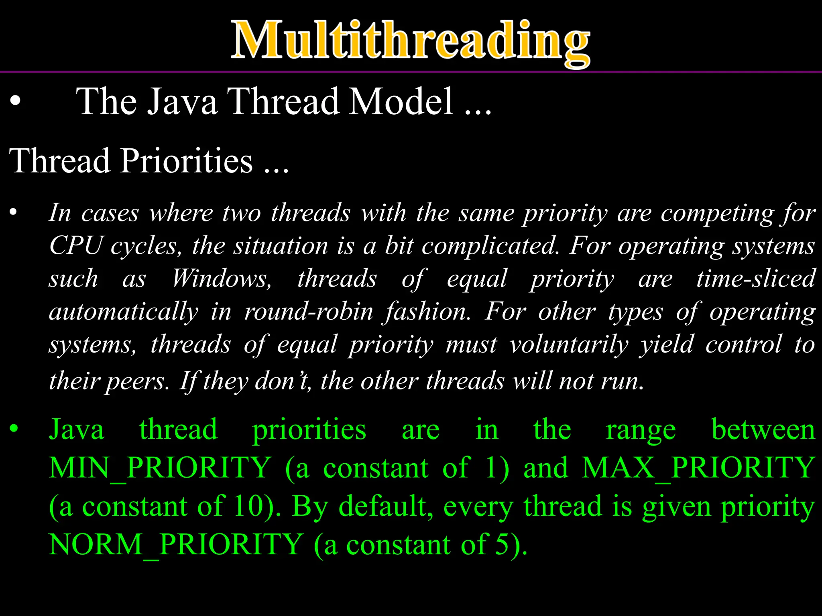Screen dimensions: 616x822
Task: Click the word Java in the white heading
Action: coord(181,102)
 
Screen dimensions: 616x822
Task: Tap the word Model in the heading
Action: coord(401,102)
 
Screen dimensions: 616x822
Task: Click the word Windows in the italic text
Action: coord(222,279)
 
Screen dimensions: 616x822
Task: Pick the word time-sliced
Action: coord(755,279)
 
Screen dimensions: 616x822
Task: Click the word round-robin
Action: coord(309,312)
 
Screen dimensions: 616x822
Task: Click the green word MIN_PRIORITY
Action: coord(160,468)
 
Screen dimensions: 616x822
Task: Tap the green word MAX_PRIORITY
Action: coord(698,468)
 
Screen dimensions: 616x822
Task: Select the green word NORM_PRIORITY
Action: coord(176,545)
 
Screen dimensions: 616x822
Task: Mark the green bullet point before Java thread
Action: coord(14,429)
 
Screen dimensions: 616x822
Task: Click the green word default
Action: coord(386,506)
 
